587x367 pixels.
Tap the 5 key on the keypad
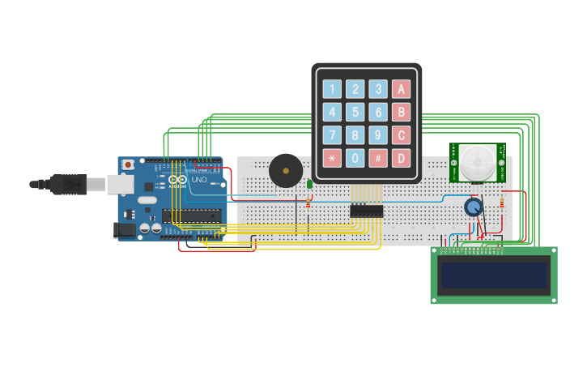click(x=355, y=112)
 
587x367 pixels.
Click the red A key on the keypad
click(x=401, y=89)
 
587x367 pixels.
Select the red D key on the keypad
click(x=401, y=158)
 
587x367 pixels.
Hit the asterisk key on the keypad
click(x=332, y=158)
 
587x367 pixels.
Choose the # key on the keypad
click(x=378, y=158)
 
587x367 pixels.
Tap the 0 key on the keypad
click(x=355, y=158)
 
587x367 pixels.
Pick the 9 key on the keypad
click(x=378, y=135)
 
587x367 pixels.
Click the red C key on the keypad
click(x=401, y=135)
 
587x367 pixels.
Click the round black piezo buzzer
click(x=285, y=171)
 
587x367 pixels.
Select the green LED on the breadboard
click(x=309, y=185)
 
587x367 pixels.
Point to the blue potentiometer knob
click(x=474, y=207)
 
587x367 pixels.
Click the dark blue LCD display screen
click(x=493, y=275)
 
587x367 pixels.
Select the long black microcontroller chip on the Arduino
click(x=191, y=216)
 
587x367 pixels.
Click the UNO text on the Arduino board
click(x=198, y=179)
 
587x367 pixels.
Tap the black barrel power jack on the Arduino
click(x=124, y=230)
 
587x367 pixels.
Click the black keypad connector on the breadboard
click(x=366, y=211)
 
